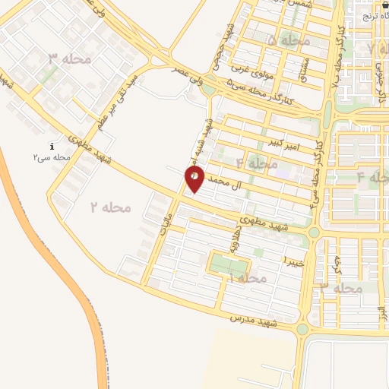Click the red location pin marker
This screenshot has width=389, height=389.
[x=195, y=179]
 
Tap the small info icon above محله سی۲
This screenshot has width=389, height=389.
[x=52, y=146]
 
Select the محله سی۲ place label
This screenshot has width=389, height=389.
[x=52, y=157]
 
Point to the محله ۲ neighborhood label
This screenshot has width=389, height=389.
[x=111, y=207]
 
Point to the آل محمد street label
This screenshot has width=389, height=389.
[x=229, y=182]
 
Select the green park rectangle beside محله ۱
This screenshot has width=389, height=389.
[x=229, y=266]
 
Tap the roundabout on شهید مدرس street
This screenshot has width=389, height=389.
[x=302, y=329]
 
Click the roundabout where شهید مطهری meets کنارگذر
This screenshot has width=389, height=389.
[x=313, y=232]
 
